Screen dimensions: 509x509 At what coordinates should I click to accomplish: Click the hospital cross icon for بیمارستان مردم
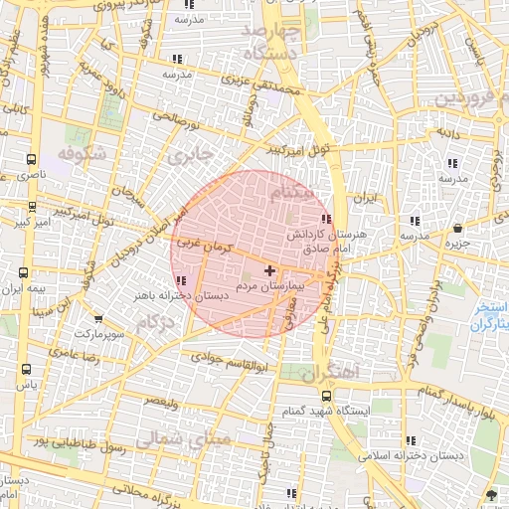tap(269, 270)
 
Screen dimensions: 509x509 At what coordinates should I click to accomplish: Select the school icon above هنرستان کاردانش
tap(326, 220)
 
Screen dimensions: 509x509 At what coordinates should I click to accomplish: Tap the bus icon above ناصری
tap(32, 158)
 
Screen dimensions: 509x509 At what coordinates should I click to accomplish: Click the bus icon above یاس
tap(25, 369)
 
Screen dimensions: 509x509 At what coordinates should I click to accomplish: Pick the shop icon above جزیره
tap(456, 229)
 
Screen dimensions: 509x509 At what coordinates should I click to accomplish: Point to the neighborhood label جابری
tap(190, 156)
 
